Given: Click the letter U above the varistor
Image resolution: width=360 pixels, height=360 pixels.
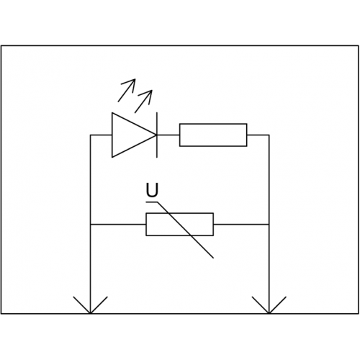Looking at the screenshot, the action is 152,190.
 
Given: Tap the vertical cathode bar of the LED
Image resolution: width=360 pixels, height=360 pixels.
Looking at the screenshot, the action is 157,135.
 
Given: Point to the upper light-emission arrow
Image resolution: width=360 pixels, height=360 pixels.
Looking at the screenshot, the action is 127,90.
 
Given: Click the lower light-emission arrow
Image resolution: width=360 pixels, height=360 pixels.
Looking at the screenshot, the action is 143,102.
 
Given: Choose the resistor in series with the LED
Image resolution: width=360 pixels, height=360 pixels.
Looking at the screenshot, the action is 213,135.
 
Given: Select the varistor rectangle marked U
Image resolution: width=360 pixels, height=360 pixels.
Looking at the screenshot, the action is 179,225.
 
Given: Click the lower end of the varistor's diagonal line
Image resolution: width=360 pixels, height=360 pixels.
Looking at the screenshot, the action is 213,258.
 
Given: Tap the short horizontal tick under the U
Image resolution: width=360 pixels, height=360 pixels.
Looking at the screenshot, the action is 152,202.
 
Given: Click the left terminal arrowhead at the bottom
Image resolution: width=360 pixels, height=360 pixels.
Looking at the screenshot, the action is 90,305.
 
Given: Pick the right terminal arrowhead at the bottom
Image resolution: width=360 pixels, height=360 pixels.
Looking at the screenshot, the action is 269,305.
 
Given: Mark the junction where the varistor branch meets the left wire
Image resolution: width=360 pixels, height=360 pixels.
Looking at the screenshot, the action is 90,225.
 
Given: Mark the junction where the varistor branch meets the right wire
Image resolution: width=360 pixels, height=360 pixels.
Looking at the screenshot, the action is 269,225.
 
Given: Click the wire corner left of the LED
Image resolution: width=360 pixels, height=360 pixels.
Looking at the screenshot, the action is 90,135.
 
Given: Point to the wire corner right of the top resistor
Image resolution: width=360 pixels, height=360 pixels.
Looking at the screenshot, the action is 269,135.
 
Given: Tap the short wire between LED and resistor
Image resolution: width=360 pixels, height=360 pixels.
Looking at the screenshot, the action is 168,135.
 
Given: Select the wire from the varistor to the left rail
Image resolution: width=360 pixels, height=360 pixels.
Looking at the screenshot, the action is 118,225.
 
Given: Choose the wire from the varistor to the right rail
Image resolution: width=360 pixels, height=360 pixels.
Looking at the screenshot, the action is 241,225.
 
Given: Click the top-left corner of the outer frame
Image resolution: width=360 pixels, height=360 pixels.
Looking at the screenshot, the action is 1,45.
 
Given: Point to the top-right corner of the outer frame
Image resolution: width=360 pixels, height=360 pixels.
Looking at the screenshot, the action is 359,45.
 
